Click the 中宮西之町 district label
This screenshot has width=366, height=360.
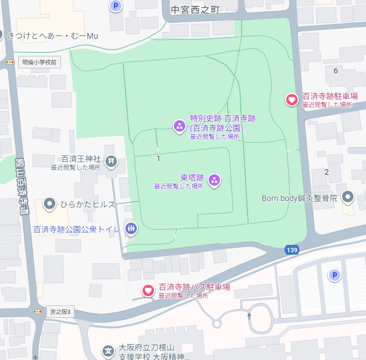[x=195, y=10]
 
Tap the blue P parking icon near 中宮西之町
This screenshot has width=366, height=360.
[x=116, y=6]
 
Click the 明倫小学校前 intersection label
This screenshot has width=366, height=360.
[x=39, y=62]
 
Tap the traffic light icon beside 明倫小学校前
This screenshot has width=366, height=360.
[x=10, y=62]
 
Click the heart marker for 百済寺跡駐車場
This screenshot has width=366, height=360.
[x=291, y=100]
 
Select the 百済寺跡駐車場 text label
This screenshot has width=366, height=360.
[x=330, y=96]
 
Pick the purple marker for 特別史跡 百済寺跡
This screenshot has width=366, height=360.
[x=179, y=125]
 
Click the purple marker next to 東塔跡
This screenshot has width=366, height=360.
[x=214, y=181]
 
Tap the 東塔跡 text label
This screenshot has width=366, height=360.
[x=192, y=177]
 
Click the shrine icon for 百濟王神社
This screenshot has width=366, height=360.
[x=111, y=162]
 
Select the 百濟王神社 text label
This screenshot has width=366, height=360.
[x=81, y=158]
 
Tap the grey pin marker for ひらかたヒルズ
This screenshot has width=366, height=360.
[x=50, y=204]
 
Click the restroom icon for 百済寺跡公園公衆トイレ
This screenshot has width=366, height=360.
[x=131, y=229]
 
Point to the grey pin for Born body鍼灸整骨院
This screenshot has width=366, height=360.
[x=347, y=198]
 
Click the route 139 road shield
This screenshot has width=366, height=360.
[x=292, y=250]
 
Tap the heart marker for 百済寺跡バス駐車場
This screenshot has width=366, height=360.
[x=148, y=291]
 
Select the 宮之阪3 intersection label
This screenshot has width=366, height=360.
[x=59, y=312]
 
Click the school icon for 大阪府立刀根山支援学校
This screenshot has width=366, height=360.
[x=108, y=350]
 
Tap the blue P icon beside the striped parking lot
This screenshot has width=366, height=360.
[x=335, y=276]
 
